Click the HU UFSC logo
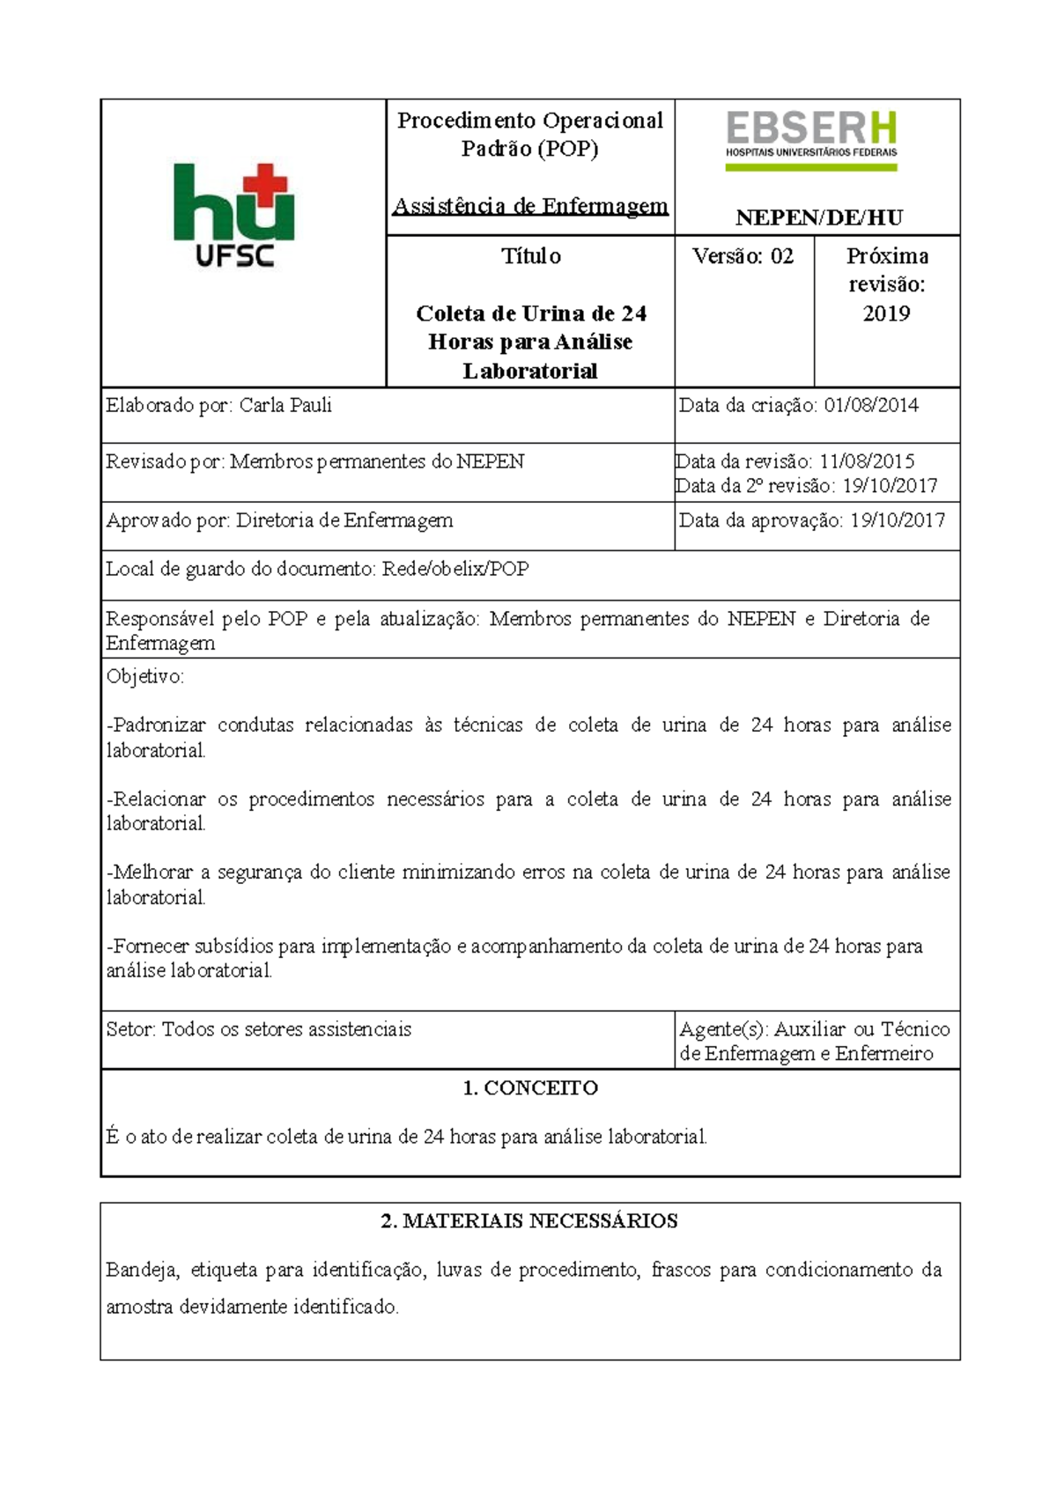(x=234, y=215)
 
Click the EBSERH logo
(x=810, y=139)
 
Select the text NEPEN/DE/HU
(x=819, y=217)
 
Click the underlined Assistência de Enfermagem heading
(x=530, y=206)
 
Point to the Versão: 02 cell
(x=743, y=256)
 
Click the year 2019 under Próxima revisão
(x=886, y=313)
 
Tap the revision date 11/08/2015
(x=867, y=461)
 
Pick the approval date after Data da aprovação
(x=897, y=520)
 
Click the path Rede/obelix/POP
(x=455, y=569)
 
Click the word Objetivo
(x=144, y=677)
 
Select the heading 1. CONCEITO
(x=530, y=1088)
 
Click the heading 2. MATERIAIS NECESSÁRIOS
(x=530, y=1221)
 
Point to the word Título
(x=530, y=256)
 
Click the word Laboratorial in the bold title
(x=530, y=372)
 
